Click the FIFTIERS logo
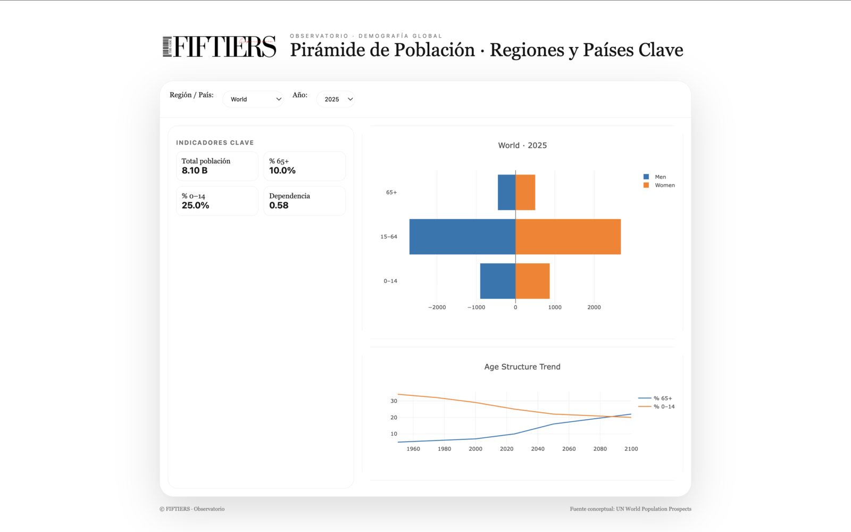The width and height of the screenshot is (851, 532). (x=219, y=47)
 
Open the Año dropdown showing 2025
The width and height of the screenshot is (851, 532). (x=336, y=99)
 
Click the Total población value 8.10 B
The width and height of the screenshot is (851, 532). (x=195, y=171)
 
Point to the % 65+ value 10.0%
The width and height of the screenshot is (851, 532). (x=282, y=171)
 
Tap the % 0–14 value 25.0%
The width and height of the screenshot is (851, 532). (x=195, y=205)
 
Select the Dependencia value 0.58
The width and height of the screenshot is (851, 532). (x=279, y=205)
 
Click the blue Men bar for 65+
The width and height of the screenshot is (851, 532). (x=506, y=192)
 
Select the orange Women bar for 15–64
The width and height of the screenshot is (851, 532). (x=568, y=237)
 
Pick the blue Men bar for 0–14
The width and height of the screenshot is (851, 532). (x=497, y=281)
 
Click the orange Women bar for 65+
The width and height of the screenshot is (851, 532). (x=525, y=192)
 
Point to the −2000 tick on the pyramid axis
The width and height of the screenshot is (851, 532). (x=437, y=307)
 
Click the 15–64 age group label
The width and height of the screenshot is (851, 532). (x=389, y=237)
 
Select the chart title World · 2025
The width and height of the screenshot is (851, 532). (x=522, y=145)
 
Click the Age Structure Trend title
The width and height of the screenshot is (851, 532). (x=522, y=367)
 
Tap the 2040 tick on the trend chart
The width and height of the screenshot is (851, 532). (x=538, y=449)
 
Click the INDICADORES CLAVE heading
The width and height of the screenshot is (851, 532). (x=215, y=143)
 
